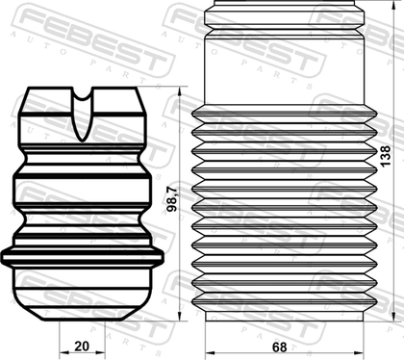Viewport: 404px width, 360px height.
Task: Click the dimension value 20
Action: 82,347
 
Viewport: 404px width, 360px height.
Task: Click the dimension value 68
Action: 279,347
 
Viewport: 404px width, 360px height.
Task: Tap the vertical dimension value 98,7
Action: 172,199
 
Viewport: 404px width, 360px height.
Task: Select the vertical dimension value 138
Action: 386,156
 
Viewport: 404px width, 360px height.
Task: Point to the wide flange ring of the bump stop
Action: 83,257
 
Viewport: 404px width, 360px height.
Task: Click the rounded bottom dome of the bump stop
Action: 83,295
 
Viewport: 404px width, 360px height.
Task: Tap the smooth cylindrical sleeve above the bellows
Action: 285,69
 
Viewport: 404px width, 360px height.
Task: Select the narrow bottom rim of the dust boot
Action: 285,316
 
